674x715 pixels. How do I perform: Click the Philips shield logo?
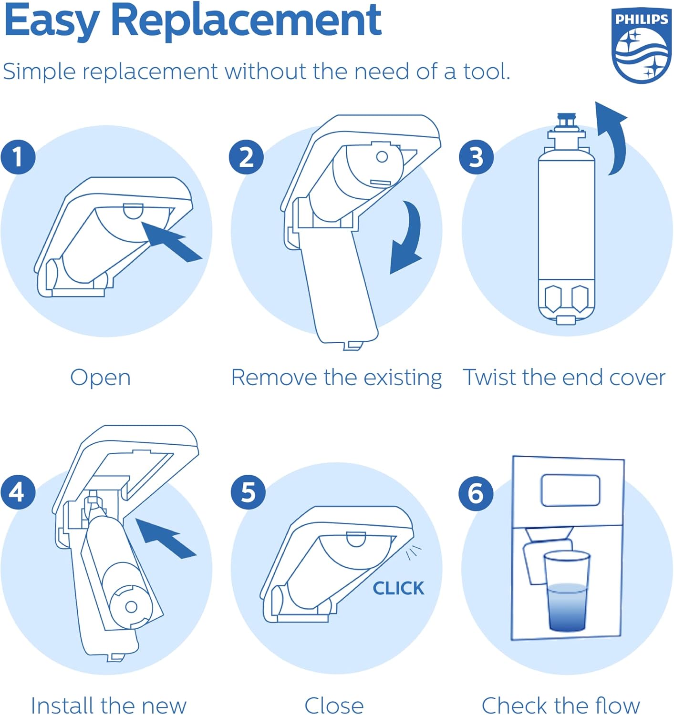pyautogui.click(x=641, y=46)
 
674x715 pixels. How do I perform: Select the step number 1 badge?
pyautogui.click(x=18, y=157)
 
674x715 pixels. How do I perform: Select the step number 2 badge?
pyautogui.click(x=246, y=157)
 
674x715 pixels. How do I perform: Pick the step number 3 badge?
pyautogui.click(x=476, y=157)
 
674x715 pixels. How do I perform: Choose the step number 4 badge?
pyautogui.click(x=18, y=491)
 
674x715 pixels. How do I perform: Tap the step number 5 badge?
pyautogui.click(x=248, y=491)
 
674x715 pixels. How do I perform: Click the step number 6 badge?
pyautogui.click(x=476, y=492)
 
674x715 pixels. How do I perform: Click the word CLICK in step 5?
pyautogui.click(x=398, y=588)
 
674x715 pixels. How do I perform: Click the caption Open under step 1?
pyautogui.click(x=100, y=378)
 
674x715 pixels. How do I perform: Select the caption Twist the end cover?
pyautogui.click(x=564, y=378)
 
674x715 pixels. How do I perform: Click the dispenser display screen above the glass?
pyautogui.click(x=570, y=490)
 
